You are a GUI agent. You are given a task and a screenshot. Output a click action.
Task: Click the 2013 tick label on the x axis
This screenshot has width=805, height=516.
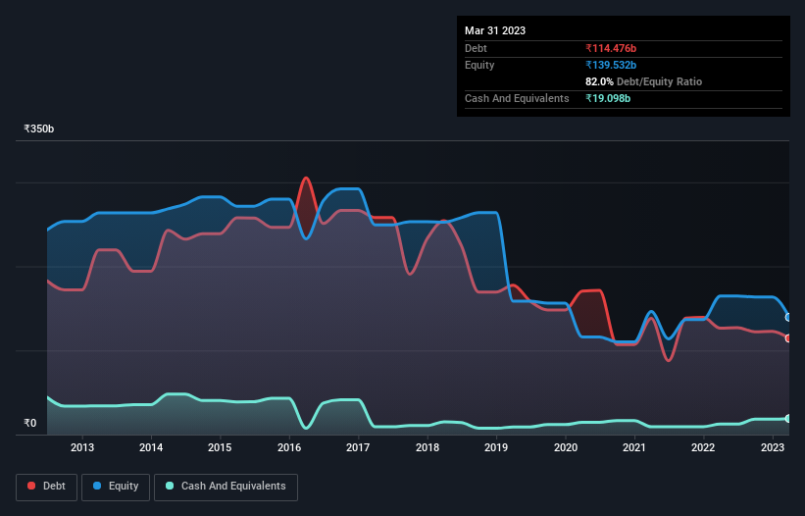[x=82, y=447]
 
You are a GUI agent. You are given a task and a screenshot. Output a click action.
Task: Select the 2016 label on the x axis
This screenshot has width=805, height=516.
[x=289, y=447]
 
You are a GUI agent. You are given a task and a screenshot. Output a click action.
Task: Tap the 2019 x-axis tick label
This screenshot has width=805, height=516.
[x=496, y=447]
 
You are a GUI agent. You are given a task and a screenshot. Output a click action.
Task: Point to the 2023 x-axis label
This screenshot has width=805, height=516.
[x=773, y=447]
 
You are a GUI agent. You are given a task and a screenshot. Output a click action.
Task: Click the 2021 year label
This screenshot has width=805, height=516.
[x=634, y=447]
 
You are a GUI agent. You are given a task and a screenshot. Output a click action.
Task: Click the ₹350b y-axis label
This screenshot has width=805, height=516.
[x=39, y=129]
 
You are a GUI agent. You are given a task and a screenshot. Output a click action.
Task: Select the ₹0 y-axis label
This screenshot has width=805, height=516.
[x=30, y=424]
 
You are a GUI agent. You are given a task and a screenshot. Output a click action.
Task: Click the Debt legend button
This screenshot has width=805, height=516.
[x=47, y=486]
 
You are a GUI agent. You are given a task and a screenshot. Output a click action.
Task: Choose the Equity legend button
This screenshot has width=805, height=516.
[x=116, y=486]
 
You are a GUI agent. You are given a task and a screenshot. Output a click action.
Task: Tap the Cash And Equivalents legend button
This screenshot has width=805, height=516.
[x=226, y=486]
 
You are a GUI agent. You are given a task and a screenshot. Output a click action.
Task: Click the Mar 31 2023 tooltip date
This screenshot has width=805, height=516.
[x=495, y=30]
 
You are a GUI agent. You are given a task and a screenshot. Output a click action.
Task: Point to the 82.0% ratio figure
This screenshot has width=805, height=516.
[x=600, y=81]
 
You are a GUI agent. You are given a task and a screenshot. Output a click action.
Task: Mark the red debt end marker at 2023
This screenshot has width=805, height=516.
[x=788, y=338]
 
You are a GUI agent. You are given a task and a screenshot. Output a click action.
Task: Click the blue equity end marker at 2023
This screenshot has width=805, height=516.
[x=788, y=317]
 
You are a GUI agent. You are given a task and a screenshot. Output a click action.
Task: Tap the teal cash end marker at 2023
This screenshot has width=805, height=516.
[x=788, y=419]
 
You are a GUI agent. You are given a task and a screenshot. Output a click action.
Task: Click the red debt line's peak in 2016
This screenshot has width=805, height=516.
[x=306, y=179]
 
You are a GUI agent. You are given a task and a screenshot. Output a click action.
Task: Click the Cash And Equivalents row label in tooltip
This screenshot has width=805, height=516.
[x=517, y=98]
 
